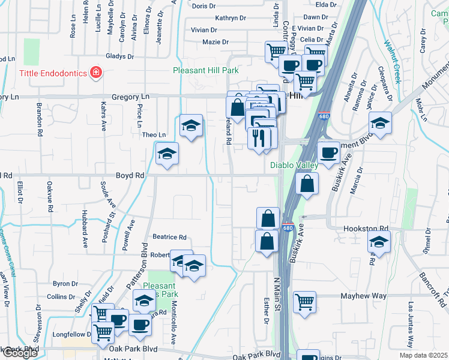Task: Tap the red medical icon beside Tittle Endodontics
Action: (x=95, y=73)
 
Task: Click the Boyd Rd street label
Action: (x=130, y=175)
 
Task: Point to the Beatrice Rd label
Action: (x=169, y=237)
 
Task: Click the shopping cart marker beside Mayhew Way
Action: (x=304, y=302)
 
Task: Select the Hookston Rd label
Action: (x=366, y=229)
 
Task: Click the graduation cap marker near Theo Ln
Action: (x=191, y=125)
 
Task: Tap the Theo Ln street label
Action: (x=153, y=135)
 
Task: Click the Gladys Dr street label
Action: (x=119, y=56)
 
